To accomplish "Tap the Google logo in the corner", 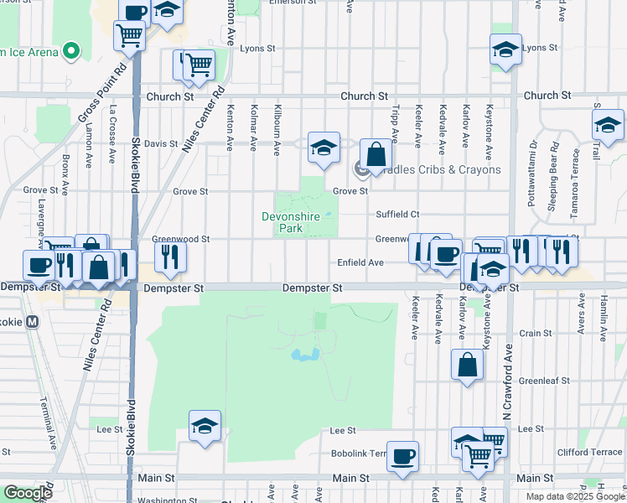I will [x=28, y=493].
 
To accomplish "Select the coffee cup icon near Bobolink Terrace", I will [x=403, y=456].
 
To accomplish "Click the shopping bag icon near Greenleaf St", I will [x=468, y=365].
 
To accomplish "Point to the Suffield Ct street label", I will [x=396, y=215].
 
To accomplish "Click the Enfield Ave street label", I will [x=360, y=262].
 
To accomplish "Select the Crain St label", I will [x=535, y=333].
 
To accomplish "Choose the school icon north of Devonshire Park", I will [x=324, y=148].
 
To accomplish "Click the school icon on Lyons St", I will [x=506, y=49].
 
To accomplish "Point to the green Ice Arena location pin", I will [x=71, y=52].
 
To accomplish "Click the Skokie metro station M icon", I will [x=34, y=321].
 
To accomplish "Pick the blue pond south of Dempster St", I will [x=303, y=355].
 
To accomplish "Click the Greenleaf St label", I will [x=544, y=381].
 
